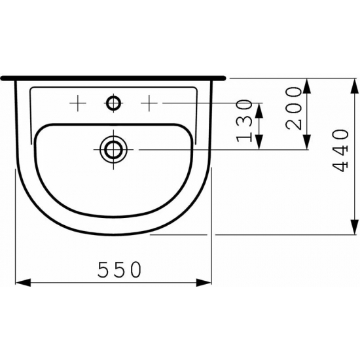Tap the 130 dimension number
[243, 120]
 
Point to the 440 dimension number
[340, 151]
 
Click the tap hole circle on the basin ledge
[114, 103]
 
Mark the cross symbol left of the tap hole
[78, 103]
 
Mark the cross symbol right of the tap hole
[151, 103]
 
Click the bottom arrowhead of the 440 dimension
[355, 228]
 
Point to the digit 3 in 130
[243, 120]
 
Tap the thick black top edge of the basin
[114, 77]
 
